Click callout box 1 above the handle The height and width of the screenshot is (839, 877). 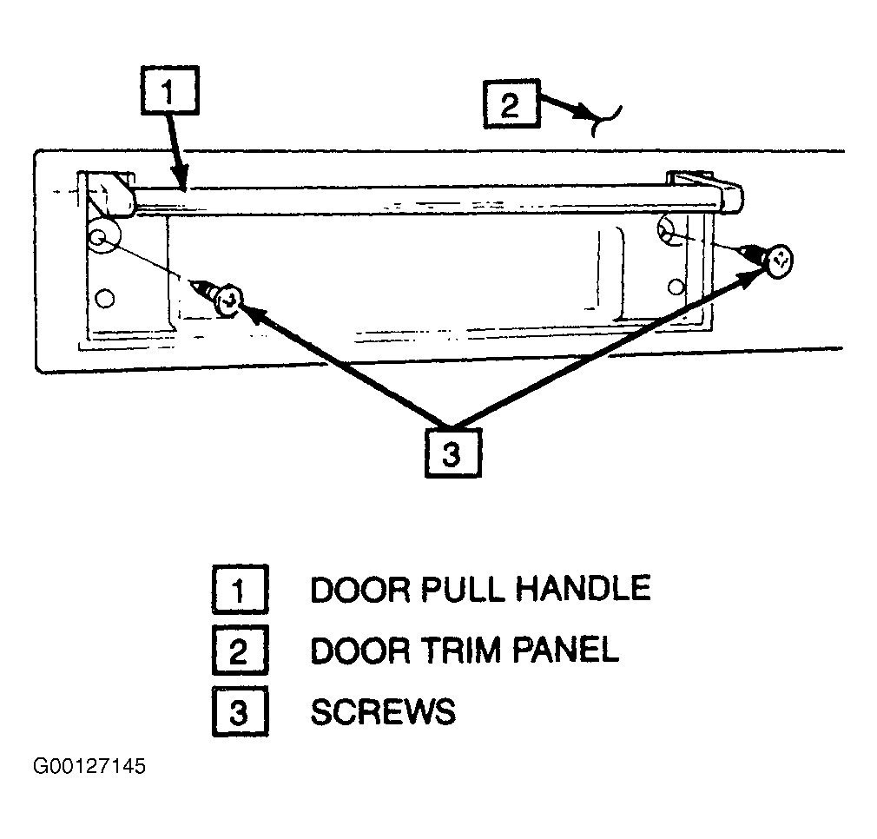[x=170, y=90]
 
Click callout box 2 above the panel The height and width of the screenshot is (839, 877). [x=511, y=104]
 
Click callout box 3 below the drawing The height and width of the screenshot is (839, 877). [x=453, y=453]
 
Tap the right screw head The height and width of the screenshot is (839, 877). [x=779, y=261]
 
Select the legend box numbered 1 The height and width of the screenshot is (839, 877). [x=240, y=590]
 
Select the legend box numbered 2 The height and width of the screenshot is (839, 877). [x=240, y=651]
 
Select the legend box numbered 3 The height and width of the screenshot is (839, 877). [x=240, y=711]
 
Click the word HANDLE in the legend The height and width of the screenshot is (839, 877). [x=583, y=588]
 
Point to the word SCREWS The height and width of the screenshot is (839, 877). [x=383, y=711]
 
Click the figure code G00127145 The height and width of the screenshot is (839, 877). [x=89, y=766]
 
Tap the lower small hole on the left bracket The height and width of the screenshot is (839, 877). [x=105, y=298]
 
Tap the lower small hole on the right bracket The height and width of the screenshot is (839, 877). [x=676, y=287]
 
